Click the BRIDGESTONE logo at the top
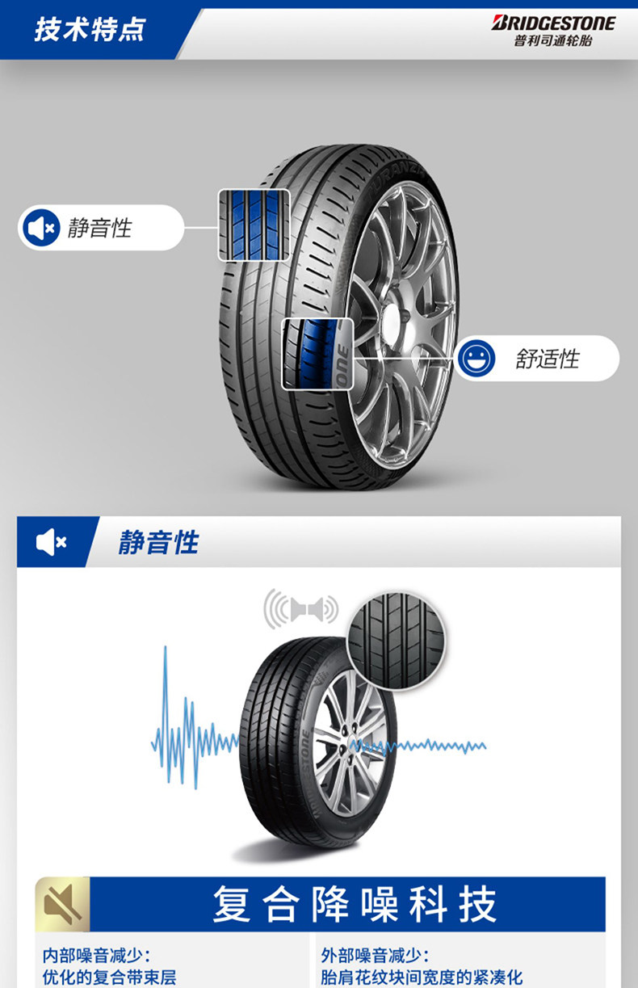tap(553, 23)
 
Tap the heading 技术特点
tap(90, 30)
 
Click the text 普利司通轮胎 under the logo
tap(553, 41)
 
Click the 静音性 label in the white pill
tap(99, 229)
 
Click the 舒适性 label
tap(548, 359)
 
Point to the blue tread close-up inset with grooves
tap(254, 225)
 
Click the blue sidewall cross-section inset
tap(317, 354)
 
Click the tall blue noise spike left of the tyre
tap(166, 711)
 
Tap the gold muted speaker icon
tap(63, 903)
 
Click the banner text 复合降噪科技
tap(354, 904)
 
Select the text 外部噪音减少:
tap(375, 956)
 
